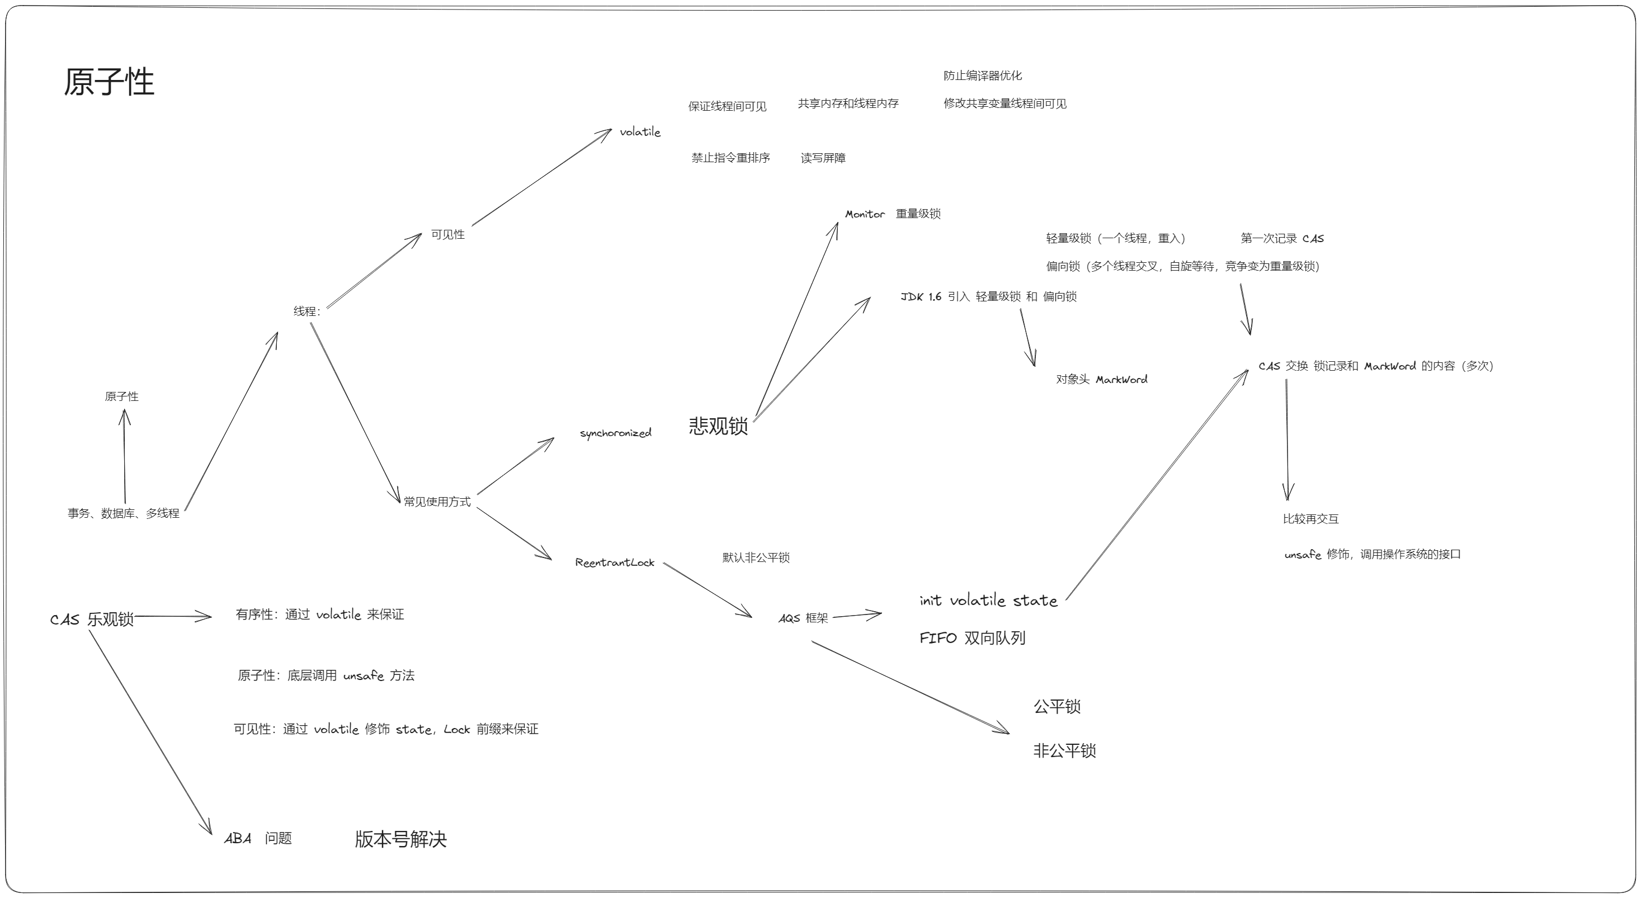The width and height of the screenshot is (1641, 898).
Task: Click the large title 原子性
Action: (109, 82)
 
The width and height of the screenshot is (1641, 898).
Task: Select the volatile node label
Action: (640, 132)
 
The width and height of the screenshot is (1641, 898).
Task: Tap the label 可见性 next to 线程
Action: (448, 234)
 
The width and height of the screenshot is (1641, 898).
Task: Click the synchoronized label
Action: (615, 433)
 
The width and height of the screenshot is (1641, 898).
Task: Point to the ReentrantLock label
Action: (615, 563)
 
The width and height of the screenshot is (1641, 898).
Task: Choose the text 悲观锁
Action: (718, 426)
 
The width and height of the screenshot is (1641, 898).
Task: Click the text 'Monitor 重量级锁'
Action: (893, 214)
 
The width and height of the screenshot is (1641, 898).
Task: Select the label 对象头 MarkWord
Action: (1101, 380)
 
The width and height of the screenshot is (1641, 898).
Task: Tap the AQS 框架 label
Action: (803, 618)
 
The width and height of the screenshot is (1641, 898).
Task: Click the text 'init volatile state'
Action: (988, 600)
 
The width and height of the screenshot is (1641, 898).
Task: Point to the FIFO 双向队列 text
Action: (972, 637)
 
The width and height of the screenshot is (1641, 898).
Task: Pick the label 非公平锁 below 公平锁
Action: (1064, 751)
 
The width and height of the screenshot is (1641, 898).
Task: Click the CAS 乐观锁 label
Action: (92, 619)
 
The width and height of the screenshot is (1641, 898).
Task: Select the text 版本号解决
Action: (400, 839)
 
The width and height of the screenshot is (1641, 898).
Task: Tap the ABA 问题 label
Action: (258, 838)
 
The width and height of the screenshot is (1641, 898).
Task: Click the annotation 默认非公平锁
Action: (756, 557)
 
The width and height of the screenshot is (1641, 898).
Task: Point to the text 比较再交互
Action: (1310, 519)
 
